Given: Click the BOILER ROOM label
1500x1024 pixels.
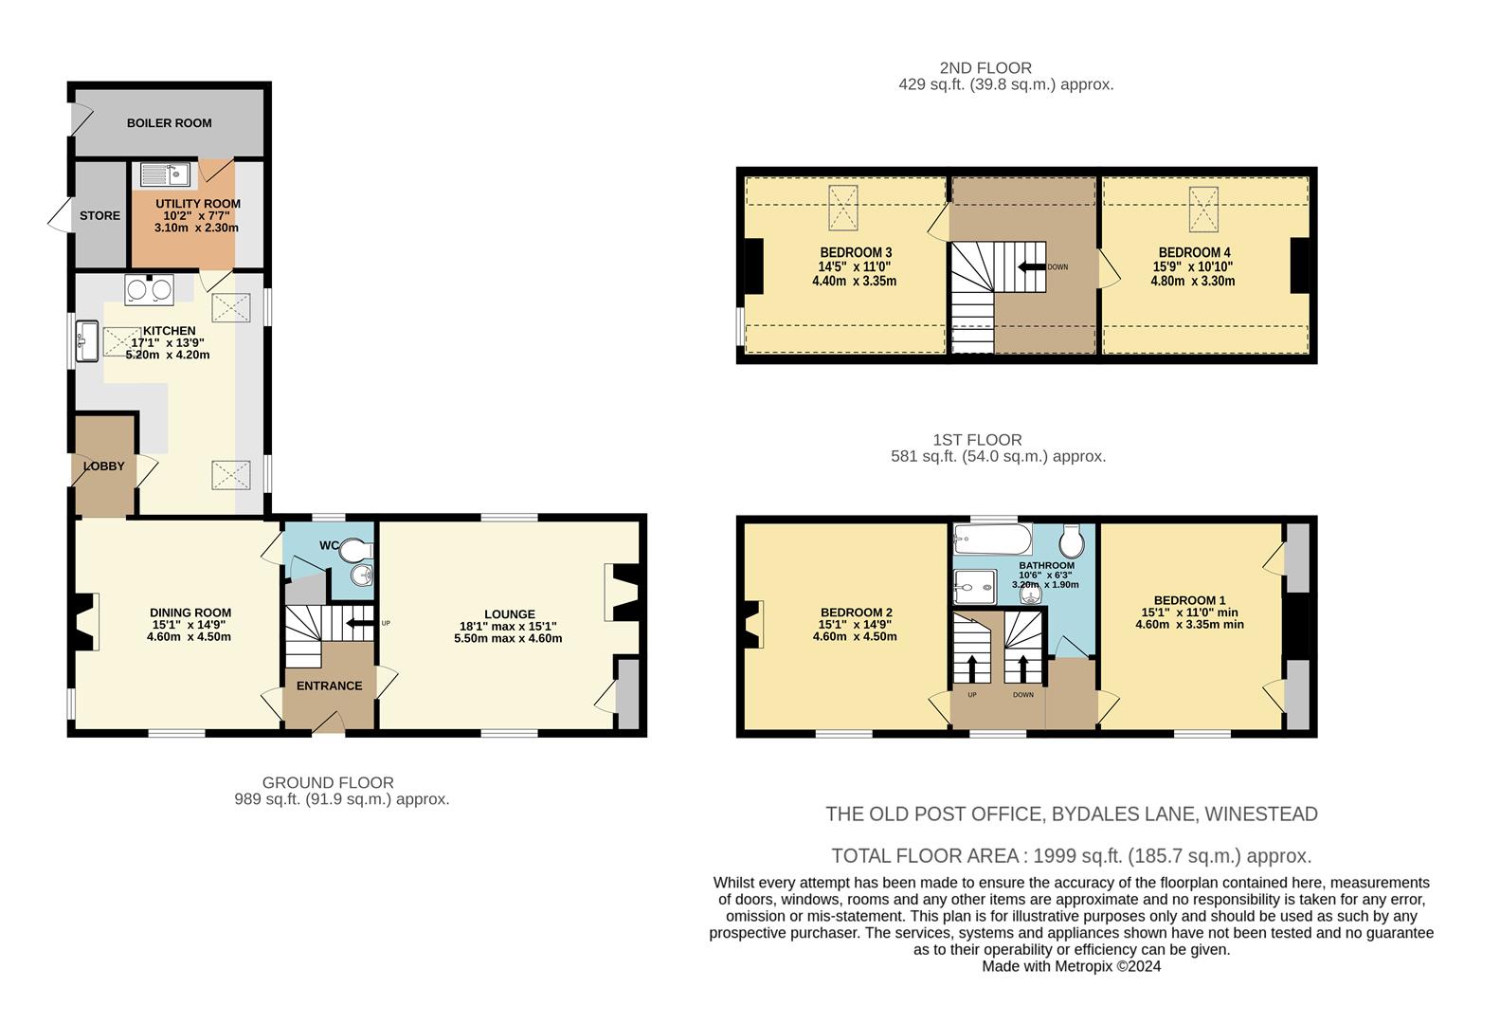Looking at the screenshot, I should click(169, 123).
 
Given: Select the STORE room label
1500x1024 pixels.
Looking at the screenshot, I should click(99, 216).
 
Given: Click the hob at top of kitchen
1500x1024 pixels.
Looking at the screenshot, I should click(150, 289).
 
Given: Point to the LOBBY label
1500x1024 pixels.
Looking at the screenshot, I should click(104, 466).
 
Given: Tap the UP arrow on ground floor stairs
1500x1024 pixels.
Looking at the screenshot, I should click(359, 623).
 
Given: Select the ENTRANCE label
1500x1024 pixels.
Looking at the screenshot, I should click(329, 686).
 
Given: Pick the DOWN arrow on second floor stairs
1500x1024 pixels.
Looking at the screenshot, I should click(1030, 267).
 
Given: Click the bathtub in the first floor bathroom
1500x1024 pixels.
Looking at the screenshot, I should click(991, 539).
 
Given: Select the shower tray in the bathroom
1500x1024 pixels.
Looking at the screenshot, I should click(976, 587).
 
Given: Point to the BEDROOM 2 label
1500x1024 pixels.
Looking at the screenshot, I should click(856, 613).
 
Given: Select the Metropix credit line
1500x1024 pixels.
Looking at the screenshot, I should click(1071, 967).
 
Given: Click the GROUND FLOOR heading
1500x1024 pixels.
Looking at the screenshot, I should click(328, 783).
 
